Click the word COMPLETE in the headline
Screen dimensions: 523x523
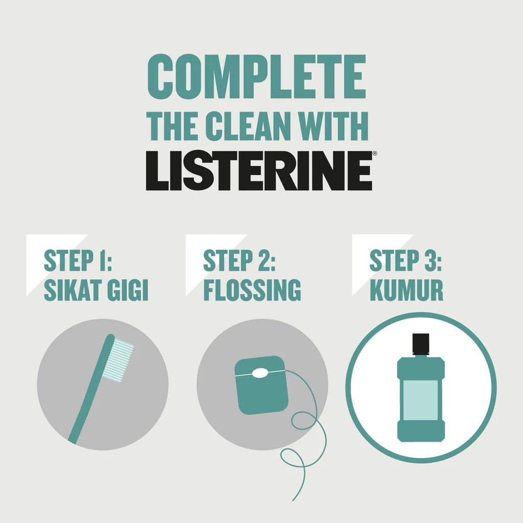[x=256, y=78]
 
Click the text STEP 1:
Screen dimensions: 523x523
[x=78, y=260]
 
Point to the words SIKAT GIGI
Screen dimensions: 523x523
[x=96, y=290]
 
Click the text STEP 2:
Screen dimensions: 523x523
[x=239, y=260]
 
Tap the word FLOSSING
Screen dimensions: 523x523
[x=252, y=290]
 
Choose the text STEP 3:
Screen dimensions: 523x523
[x=406, y=260]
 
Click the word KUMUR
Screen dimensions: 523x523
[x=406, y=290]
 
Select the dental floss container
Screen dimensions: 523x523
[x=260, y=391]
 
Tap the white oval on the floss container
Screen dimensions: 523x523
[x=260, y=373]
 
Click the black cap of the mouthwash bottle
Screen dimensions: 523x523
[x=421, y=343]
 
